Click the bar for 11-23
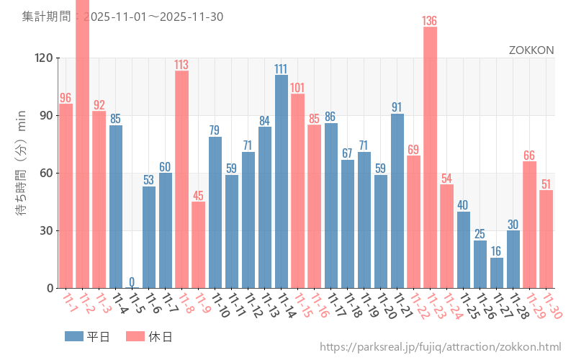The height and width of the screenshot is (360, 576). click(430, 158)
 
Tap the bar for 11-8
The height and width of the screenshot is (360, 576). click(181, 180)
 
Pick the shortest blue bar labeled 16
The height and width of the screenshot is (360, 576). click(496, 273)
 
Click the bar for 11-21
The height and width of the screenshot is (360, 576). click(397, 201)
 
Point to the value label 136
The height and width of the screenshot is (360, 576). click(430, 20)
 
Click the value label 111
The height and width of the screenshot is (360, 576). click(281, 68)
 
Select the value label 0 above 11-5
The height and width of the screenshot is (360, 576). click(132, 282)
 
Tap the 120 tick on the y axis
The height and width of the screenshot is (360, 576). click(45, 58)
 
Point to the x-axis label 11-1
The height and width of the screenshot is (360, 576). click(69, 302)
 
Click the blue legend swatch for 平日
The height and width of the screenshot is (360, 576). click(74, 336)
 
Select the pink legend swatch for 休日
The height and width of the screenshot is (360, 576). click(135, 336)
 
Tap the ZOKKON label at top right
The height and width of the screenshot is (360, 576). click(531, 50)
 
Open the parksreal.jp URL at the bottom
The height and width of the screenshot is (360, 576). click(440, 347)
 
